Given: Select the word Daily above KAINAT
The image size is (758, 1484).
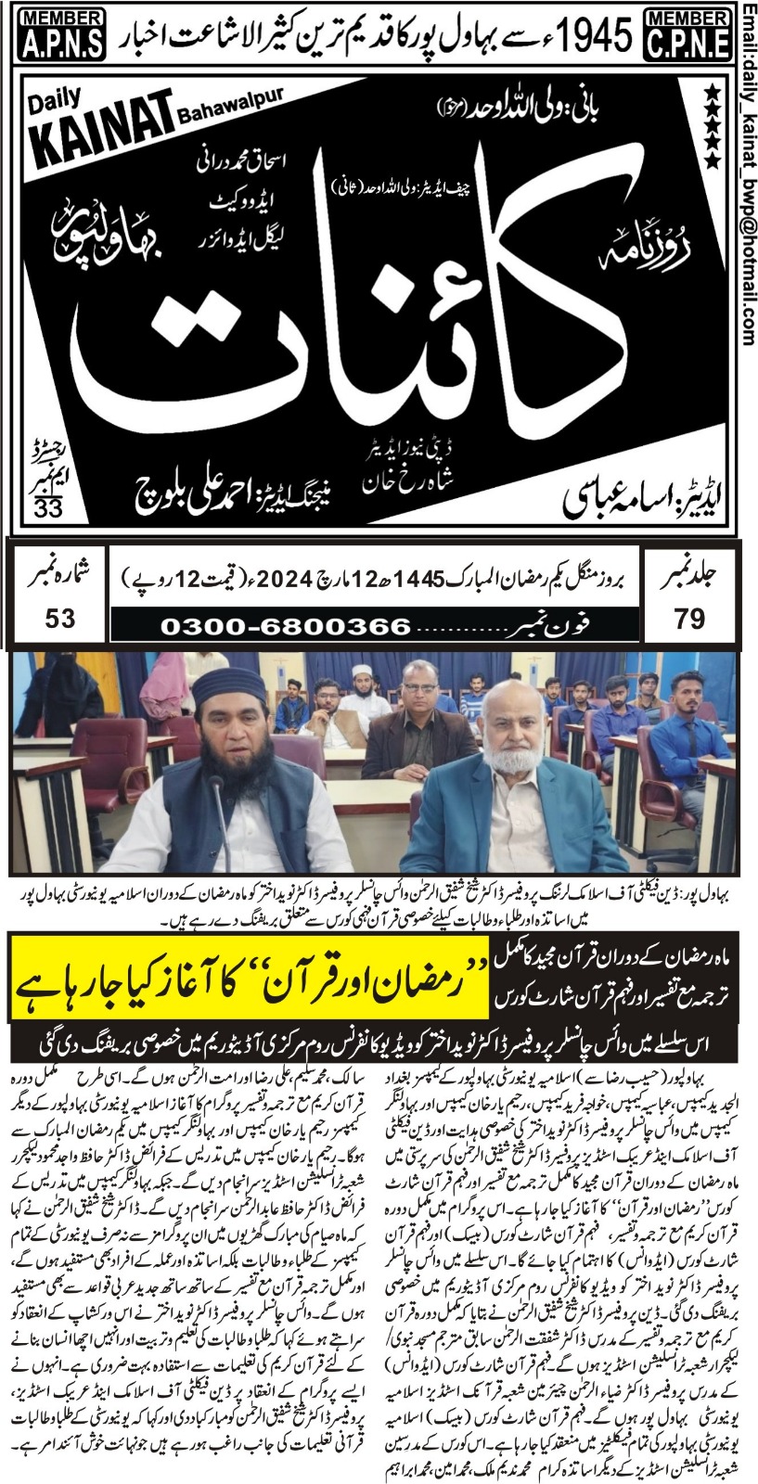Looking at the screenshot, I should [x=59, y=96].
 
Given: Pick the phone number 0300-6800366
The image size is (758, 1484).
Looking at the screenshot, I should [x=278, y=626].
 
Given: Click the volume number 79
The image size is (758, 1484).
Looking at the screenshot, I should [x=688, y=619].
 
